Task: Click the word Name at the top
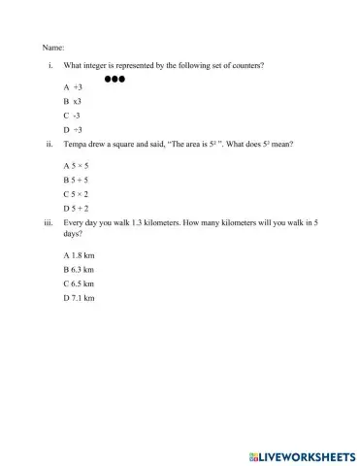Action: pyautogui.click(x=52, y=47)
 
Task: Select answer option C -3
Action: pyautogui.click(x=72, y=115)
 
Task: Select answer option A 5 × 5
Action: pyautogui.click(x=75, y=167)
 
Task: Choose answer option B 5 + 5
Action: pyautogui.click(x=75, y=181)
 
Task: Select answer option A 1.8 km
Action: pyautogui.click(x=78, y=255)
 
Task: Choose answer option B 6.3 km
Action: pyautogui.click(x=78, y=269)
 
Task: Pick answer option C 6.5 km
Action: pyautogui.click(x=78, y=283)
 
